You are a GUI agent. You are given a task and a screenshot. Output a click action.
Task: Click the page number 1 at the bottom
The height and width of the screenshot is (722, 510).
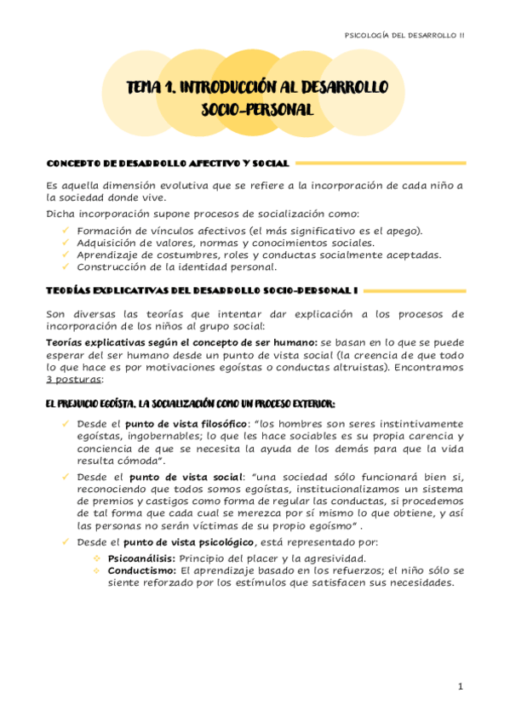tap(460, 686)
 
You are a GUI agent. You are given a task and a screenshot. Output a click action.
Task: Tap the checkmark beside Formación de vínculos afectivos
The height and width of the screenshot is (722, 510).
tap(66, 230)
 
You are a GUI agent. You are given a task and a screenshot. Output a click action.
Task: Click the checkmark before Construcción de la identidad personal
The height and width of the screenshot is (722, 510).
tap(66, 266)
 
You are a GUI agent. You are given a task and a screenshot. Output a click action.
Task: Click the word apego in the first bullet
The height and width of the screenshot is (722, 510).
tap(403, 231)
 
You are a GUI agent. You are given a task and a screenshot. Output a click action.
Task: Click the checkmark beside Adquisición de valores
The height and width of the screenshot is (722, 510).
tap(66, 243)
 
